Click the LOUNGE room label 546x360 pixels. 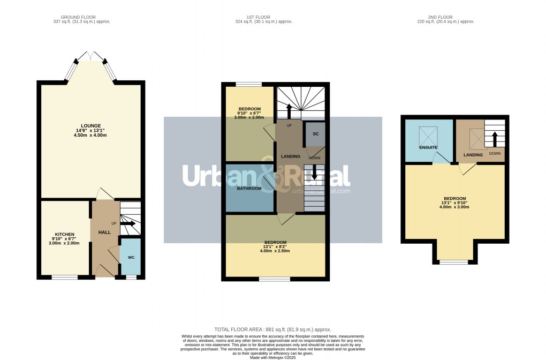tap(91, 126)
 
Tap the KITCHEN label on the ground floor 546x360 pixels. tap(64, 234)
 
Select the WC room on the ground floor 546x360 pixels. tap(131, 258)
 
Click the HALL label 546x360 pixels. tap(104, 232)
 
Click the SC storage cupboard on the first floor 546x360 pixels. tap(316, 133)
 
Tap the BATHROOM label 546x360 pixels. tap(249, 189)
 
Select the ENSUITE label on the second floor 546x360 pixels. tap(428, 147)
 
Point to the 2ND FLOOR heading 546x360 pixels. tap(445, 16)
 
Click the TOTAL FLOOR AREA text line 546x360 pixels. tap(272, 329)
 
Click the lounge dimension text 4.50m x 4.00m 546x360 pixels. tap(91, 136)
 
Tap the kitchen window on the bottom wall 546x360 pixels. tap(65, 277)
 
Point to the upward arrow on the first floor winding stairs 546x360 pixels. tap(289, 111)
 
